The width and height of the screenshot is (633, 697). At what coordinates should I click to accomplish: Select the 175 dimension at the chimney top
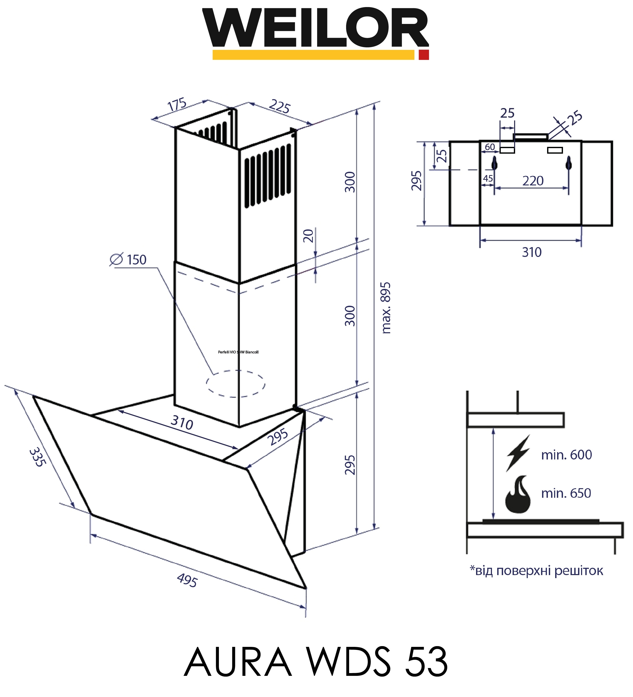click(177, 105)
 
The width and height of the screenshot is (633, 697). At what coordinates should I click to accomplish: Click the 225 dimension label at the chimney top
click(279, 107)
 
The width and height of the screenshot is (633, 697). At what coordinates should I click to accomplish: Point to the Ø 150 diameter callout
click(129, 260)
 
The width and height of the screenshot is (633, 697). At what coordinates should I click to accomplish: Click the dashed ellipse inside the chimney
click(236, 383)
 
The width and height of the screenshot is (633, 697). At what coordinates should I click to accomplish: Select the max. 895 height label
click(386, 308)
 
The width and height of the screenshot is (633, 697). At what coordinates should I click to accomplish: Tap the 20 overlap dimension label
click(308, 236)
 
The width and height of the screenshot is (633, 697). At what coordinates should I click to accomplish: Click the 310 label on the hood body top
click(182, 422)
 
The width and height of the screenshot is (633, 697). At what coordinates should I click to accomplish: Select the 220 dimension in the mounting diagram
click(533, 181)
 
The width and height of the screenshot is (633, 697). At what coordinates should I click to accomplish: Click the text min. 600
click(566, 455)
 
